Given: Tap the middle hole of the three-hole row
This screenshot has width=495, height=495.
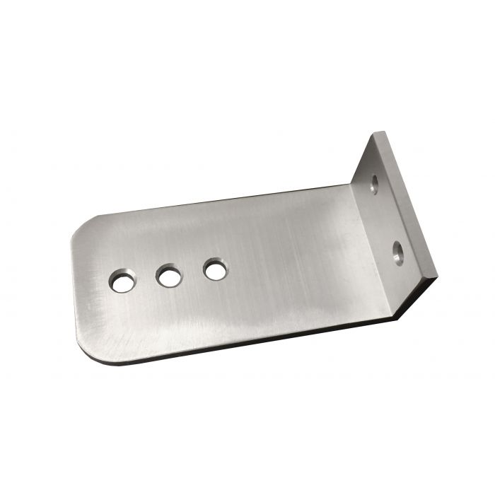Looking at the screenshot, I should pyautogui.click(x=169, y=276).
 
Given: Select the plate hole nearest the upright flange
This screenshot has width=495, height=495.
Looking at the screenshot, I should pyautogui.click(x=215, y=269).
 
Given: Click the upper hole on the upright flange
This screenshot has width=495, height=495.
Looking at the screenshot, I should pyautogui.click(x=374, y=185).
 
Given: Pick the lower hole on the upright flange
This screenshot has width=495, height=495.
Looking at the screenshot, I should pyautogui.click(x=399, y=251).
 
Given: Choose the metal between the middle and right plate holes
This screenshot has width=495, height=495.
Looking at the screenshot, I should pyautogui.click(x=192, y=273).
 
